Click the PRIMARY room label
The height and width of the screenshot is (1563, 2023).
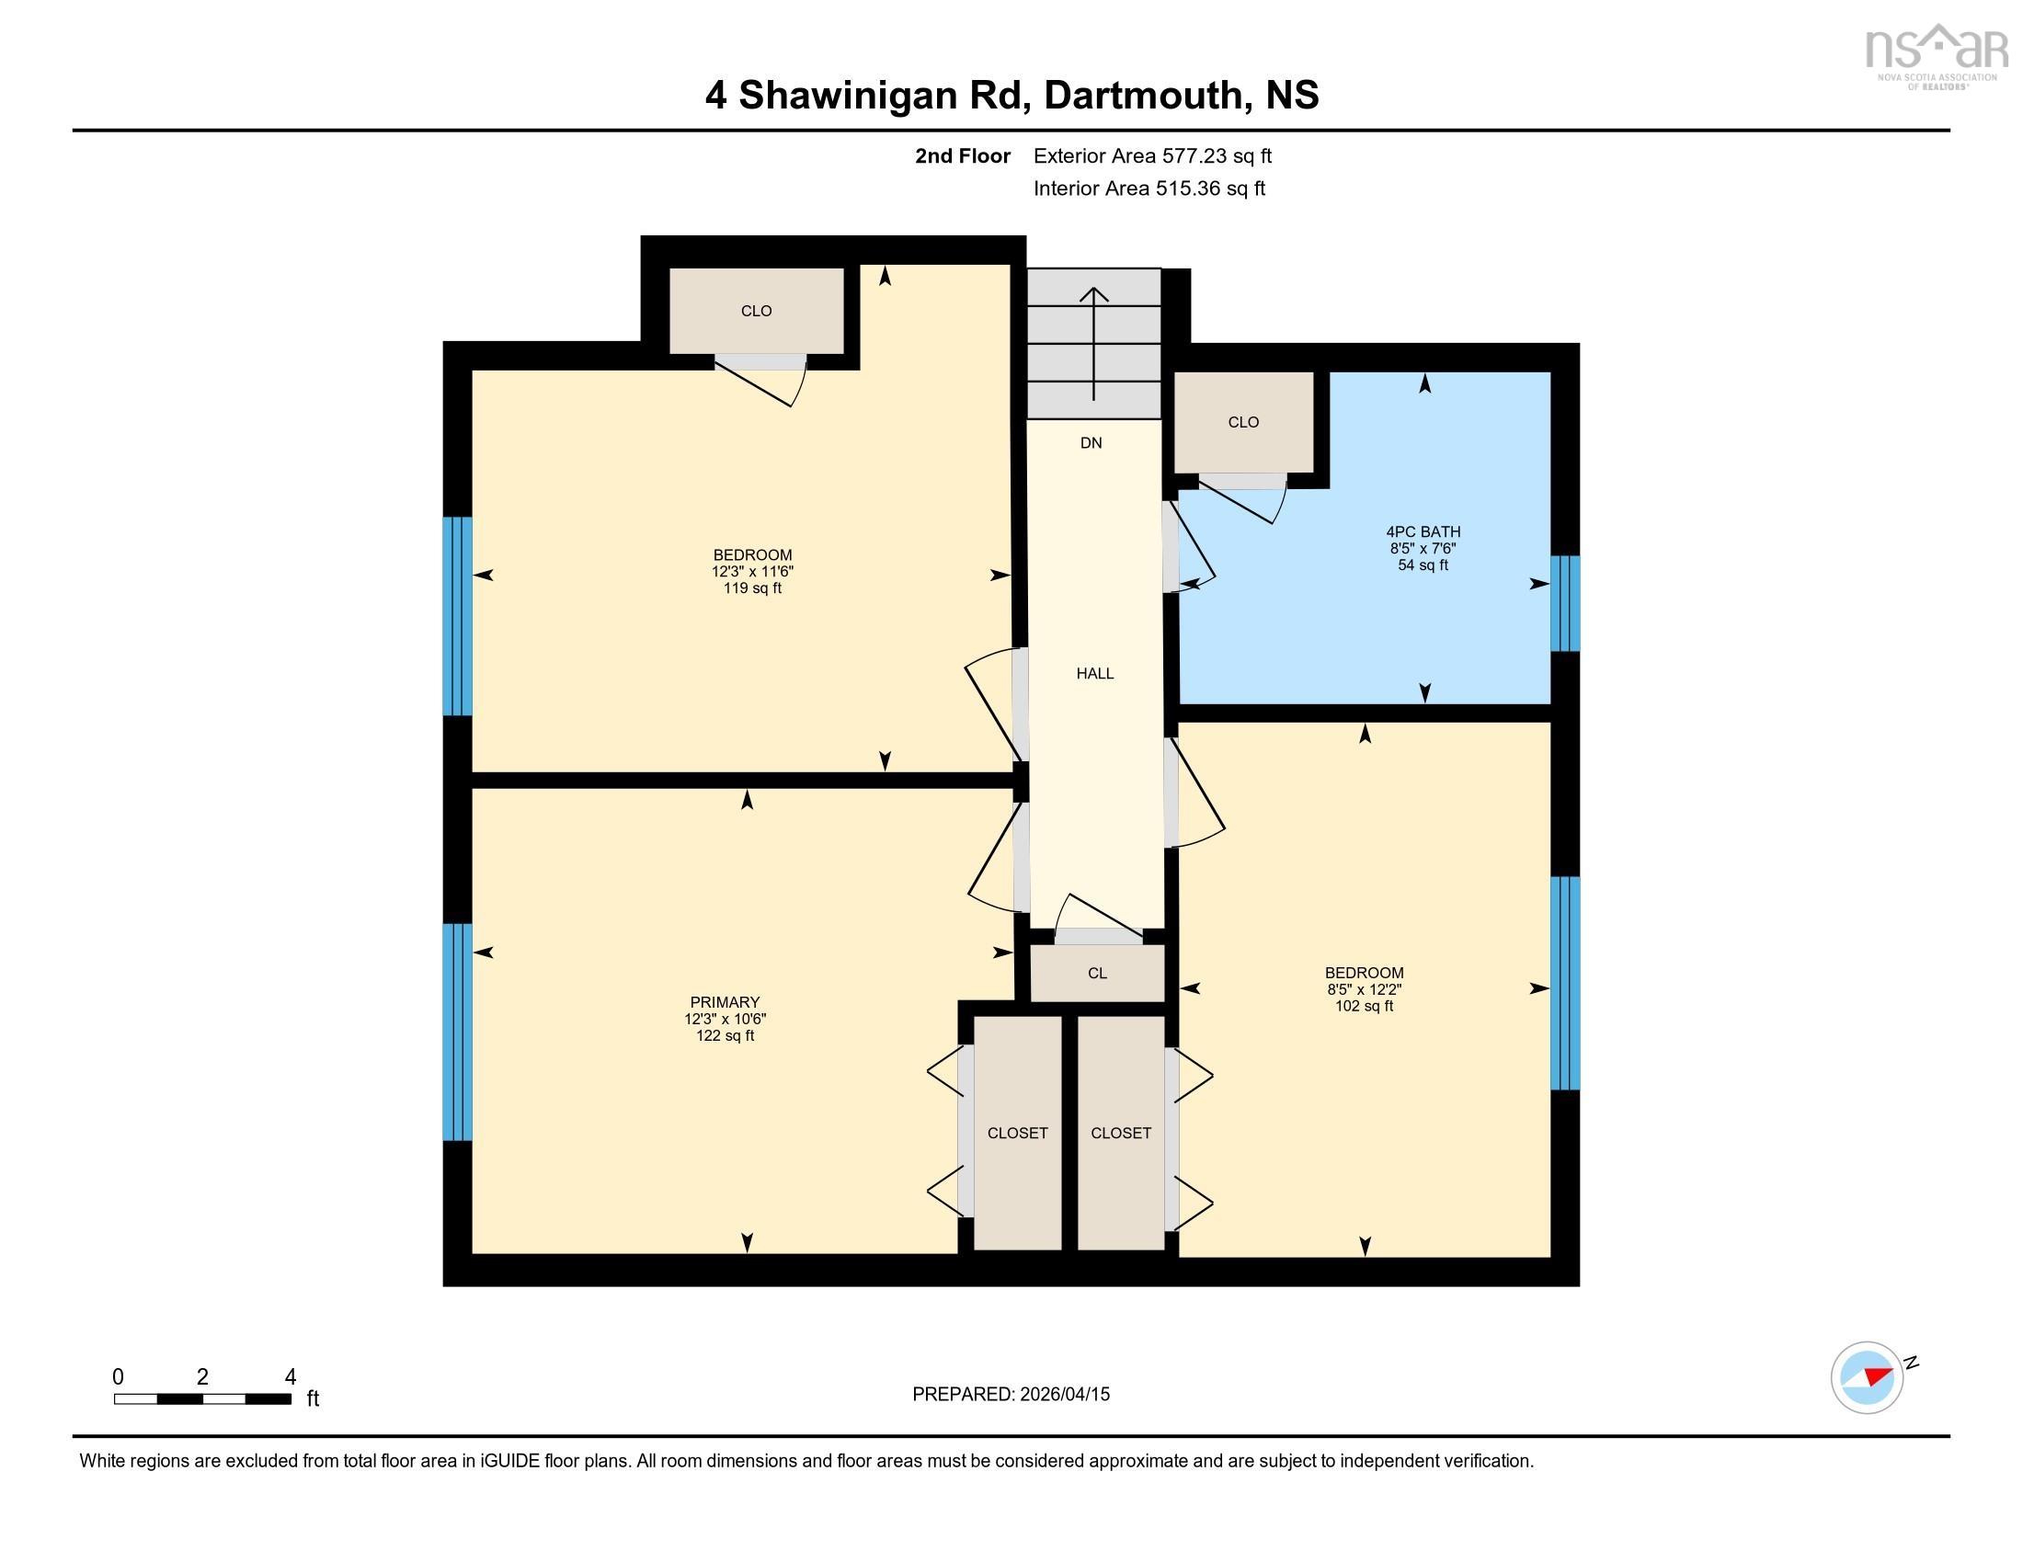pyautogui.click(x=725, y=1002)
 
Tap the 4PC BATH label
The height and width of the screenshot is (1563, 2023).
pyautogui.click(x=1423, y=531)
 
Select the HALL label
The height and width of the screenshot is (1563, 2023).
pyautogui.click(x=1095, y=673)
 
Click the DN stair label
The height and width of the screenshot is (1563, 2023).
pyautogui.click(x=1092, y=442)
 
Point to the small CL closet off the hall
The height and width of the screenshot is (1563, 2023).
pyautogui.click(x=1098, y=973)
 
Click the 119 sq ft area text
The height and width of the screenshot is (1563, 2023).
pyautogui.click(x=752, y=588)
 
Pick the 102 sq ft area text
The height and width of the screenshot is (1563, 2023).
pyautogui.click(x=1364, y=1006)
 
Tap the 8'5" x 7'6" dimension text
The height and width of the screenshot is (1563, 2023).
pyautogui.click(x=1423, y=548)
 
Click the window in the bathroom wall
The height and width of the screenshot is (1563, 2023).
pyautogui.click(x=1564, y=604)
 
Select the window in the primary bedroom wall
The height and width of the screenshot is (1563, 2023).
pyautogui.click(x=458, y=1032)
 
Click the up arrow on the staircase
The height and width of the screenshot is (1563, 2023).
pyautogui.click(x=1094, y=344)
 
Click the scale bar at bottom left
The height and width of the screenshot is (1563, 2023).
pyautogui.click(x=203, y=1398)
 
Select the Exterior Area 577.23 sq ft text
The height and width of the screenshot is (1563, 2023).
pyautogui.click(x=1152, y=155)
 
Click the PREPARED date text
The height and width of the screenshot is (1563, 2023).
pyautogui.click(x=1011, y=1394)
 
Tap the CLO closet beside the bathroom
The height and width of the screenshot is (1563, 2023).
pyautogui.click(x=1243, y=422)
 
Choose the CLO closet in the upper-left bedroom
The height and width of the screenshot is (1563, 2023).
pyautogui.click(x=756, y=311)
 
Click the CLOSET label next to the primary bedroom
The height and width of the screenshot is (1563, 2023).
pyautogui.click(x=1017, y=1133)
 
